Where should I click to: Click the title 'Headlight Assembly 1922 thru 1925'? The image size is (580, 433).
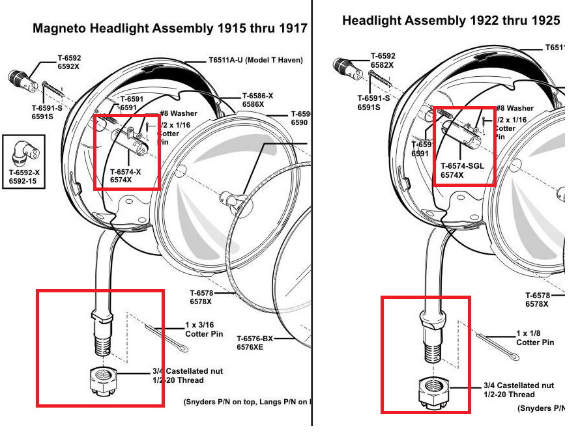point(451,21)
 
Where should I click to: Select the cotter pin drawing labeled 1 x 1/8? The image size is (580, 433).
point(499,346)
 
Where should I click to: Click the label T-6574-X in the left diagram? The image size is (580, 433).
point(125,172)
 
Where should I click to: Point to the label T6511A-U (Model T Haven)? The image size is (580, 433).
point(255,60)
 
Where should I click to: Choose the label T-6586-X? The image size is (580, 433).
point(257,96)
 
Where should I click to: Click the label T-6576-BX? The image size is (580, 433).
point(255,339)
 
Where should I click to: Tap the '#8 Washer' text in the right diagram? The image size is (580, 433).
point(514,108)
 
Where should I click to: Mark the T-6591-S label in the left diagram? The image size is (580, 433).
point(46,108)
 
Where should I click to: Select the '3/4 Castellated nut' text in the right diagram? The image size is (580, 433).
point(519,385)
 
